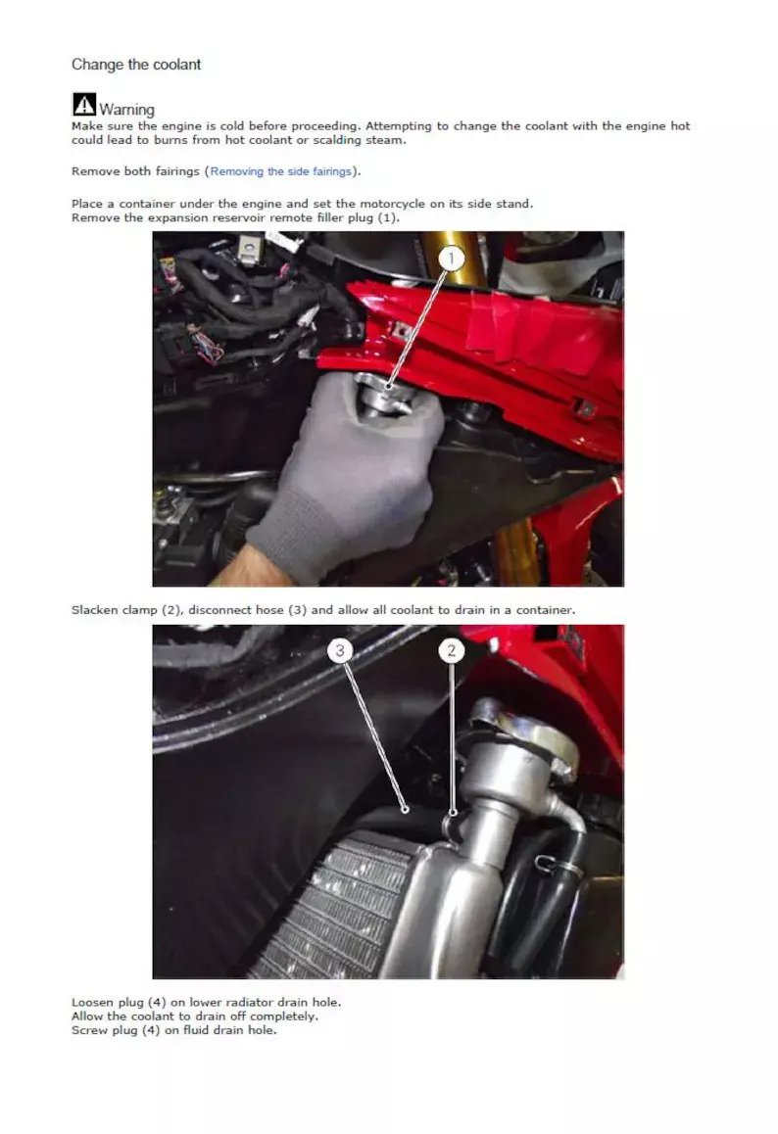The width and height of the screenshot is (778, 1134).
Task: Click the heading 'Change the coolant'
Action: (x=136, y=65)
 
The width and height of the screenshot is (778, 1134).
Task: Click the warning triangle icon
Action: (x=84, y=104)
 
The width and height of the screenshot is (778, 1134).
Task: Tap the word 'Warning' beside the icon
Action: (x=126, y=110)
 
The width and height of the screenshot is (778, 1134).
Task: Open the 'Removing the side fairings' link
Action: (x=281, y=171)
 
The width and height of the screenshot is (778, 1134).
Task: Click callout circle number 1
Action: (x=452, y=259)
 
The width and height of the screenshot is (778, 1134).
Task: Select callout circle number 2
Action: (x=452, y=651)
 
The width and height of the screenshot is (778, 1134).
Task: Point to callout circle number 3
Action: (x=340, y=651)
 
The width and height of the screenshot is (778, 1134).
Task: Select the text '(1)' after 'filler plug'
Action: (x=387, y=217)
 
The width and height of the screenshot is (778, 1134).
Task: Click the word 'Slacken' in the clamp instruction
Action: (x=95, y=610)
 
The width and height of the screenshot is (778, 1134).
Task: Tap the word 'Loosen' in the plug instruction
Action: (x=91, y=1003)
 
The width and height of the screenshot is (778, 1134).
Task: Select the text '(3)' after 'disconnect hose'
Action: (x=298, y=610)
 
